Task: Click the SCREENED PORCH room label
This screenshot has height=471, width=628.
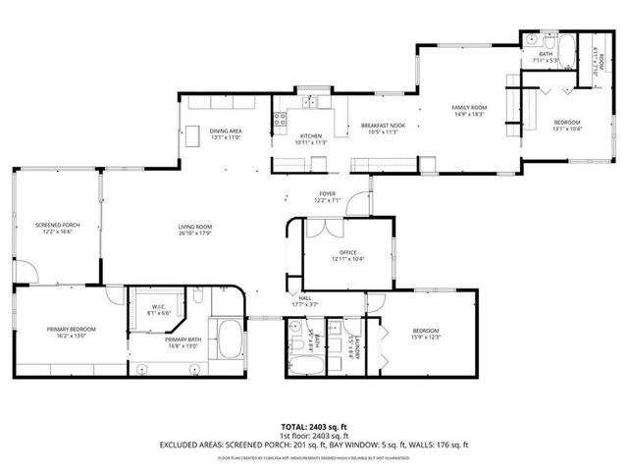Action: (57, 225)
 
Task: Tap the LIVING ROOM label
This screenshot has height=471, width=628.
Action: (195, 227)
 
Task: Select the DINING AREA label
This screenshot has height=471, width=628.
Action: (227, 131)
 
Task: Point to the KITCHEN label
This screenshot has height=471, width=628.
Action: (311, 135)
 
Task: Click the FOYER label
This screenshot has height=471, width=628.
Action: (327, 194)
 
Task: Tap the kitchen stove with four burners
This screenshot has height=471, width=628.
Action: (280, 122)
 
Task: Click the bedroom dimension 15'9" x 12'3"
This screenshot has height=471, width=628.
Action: (424, 339)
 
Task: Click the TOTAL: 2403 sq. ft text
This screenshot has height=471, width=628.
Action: (314, 427)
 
